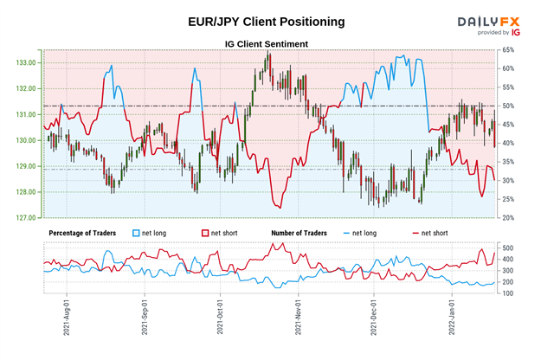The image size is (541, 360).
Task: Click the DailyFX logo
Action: tap(490, 20)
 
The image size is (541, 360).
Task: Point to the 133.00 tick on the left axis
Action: tap(24, 62)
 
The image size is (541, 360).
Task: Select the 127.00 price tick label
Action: tap(24, 217)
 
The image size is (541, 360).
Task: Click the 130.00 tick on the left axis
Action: tap(24, 140)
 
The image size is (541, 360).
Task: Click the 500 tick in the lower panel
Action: tap(509, 248)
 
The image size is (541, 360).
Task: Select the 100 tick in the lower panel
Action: tap(509, 294)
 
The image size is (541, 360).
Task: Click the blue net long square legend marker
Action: tap(135, 233)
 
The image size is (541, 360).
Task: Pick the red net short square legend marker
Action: tap(206, 233)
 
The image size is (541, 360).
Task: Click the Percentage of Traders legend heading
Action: tap(82, 233)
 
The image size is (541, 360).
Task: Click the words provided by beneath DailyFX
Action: tap(493, 32)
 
